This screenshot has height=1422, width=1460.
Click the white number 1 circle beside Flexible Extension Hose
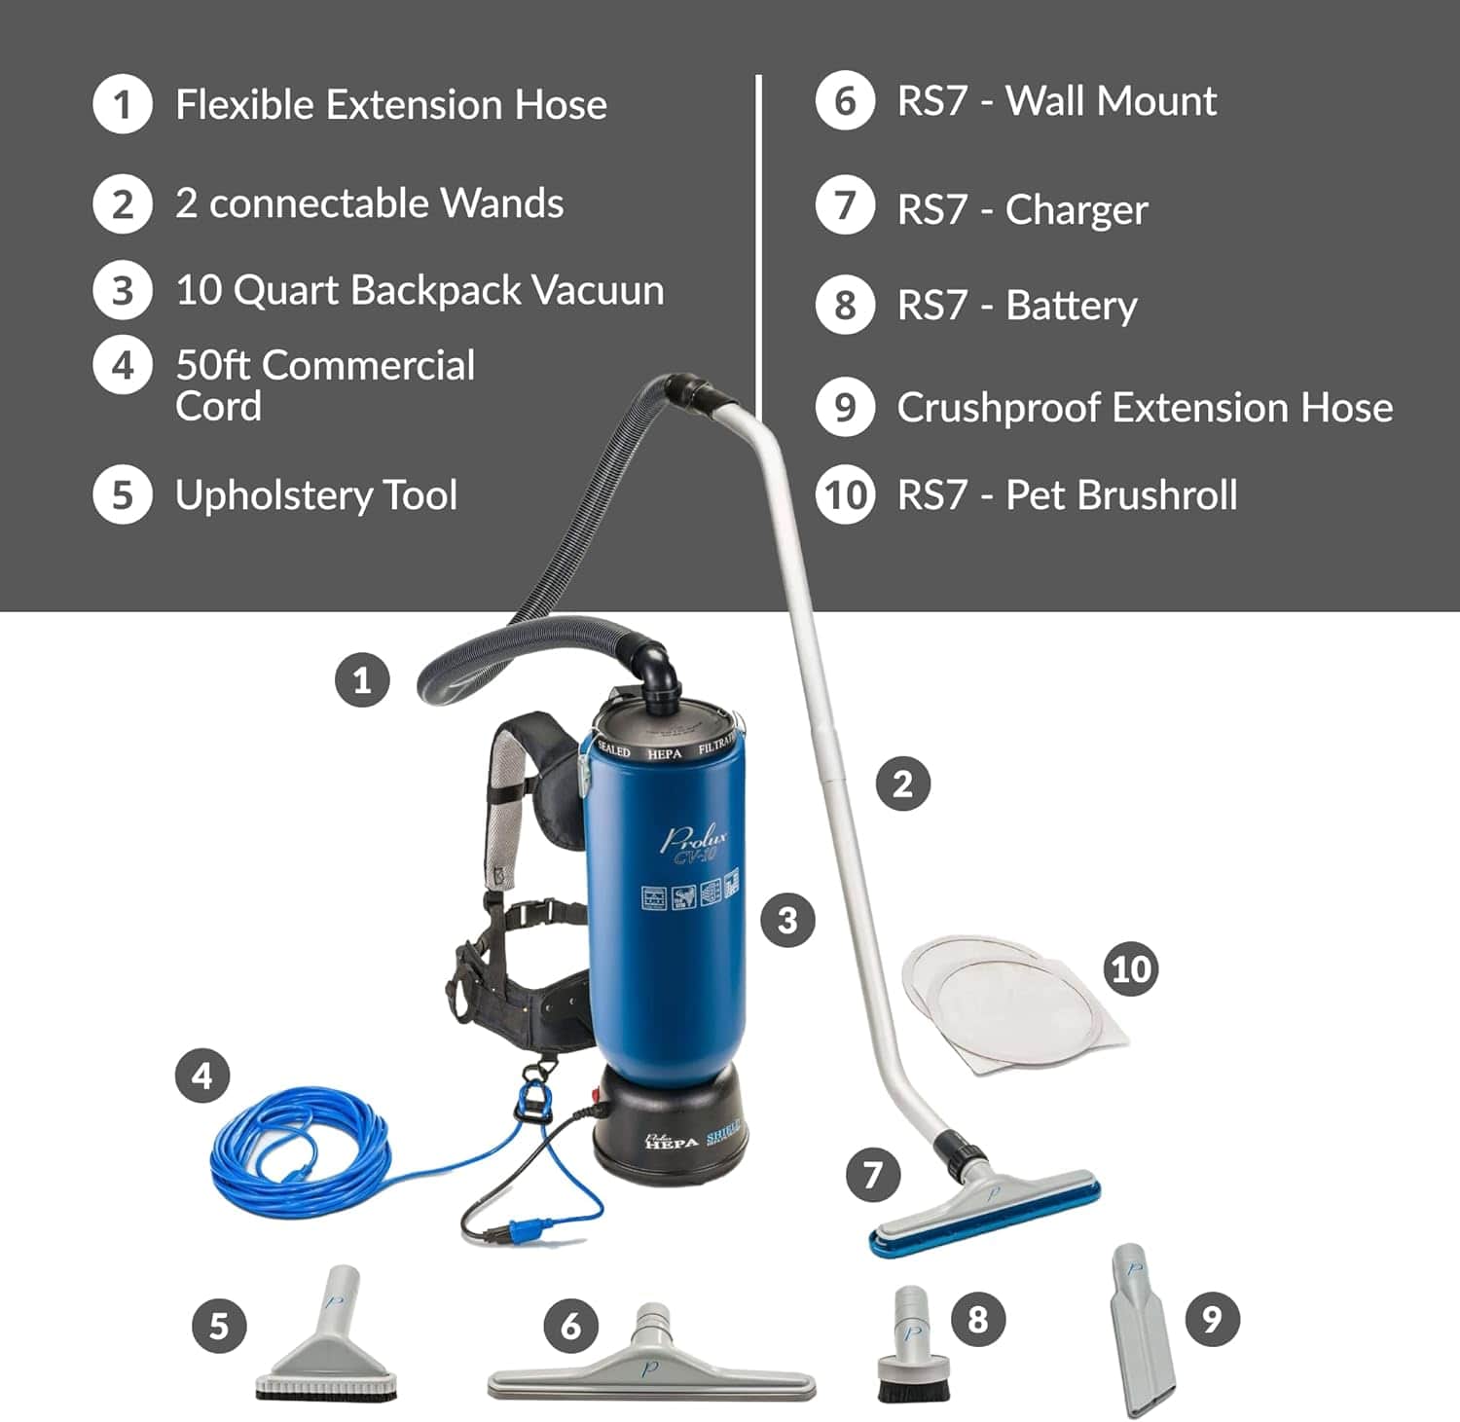(122, 104)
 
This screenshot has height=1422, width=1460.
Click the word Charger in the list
(1076, 210)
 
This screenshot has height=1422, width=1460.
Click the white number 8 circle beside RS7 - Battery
(845, 306)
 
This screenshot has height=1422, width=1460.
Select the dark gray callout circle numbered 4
(202, 1076)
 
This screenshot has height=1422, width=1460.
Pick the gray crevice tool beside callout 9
(1142, 1333)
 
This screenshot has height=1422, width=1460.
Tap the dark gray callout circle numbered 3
(787, 920)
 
